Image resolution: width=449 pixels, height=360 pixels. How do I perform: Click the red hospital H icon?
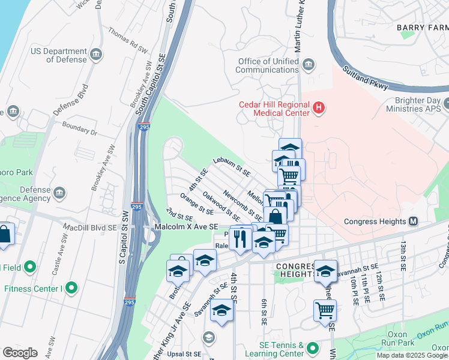click(x=319, y=109)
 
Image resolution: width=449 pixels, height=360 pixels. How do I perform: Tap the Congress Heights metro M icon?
click(x=414, y=221)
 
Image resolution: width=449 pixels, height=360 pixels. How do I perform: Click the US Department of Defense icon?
click(x=96, y=56)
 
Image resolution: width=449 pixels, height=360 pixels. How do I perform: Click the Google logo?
click(x=20, y=353)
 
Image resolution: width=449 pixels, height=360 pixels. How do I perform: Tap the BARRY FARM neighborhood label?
click(x=422, y=28)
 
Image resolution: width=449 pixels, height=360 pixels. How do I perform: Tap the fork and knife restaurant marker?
click(x=241, y=238)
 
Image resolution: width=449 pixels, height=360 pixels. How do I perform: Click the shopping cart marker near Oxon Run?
click(x=325, y=310)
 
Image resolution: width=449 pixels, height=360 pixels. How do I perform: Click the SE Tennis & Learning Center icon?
click(x=313, y=348)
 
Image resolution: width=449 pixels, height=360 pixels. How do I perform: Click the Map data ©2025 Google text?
click(x=412, y=355)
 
